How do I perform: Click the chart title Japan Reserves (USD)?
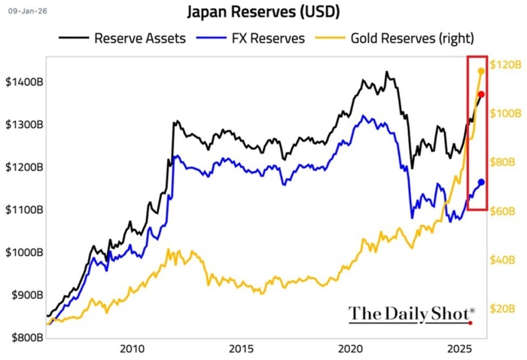tap(263, 13)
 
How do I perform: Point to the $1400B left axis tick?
tap(25, 81)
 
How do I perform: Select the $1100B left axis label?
tap(25, 209)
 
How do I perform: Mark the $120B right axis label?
tap(504, 65)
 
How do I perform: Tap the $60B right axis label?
tap(502, 211)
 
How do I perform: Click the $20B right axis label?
tap(502, 308)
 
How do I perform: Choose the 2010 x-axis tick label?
tap(132, 349)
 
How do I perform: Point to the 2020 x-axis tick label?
tap(351, 349)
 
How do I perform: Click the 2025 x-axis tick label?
tap(460, 349)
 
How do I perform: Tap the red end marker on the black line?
tap(482, 94)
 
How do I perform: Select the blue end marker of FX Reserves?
tap(482, 182)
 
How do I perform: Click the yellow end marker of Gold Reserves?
tap(482, 71)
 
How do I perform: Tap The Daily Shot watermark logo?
tap(411, 313)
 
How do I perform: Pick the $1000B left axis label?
tap(25, 252)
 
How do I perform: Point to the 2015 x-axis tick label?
tap(241, 349)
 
